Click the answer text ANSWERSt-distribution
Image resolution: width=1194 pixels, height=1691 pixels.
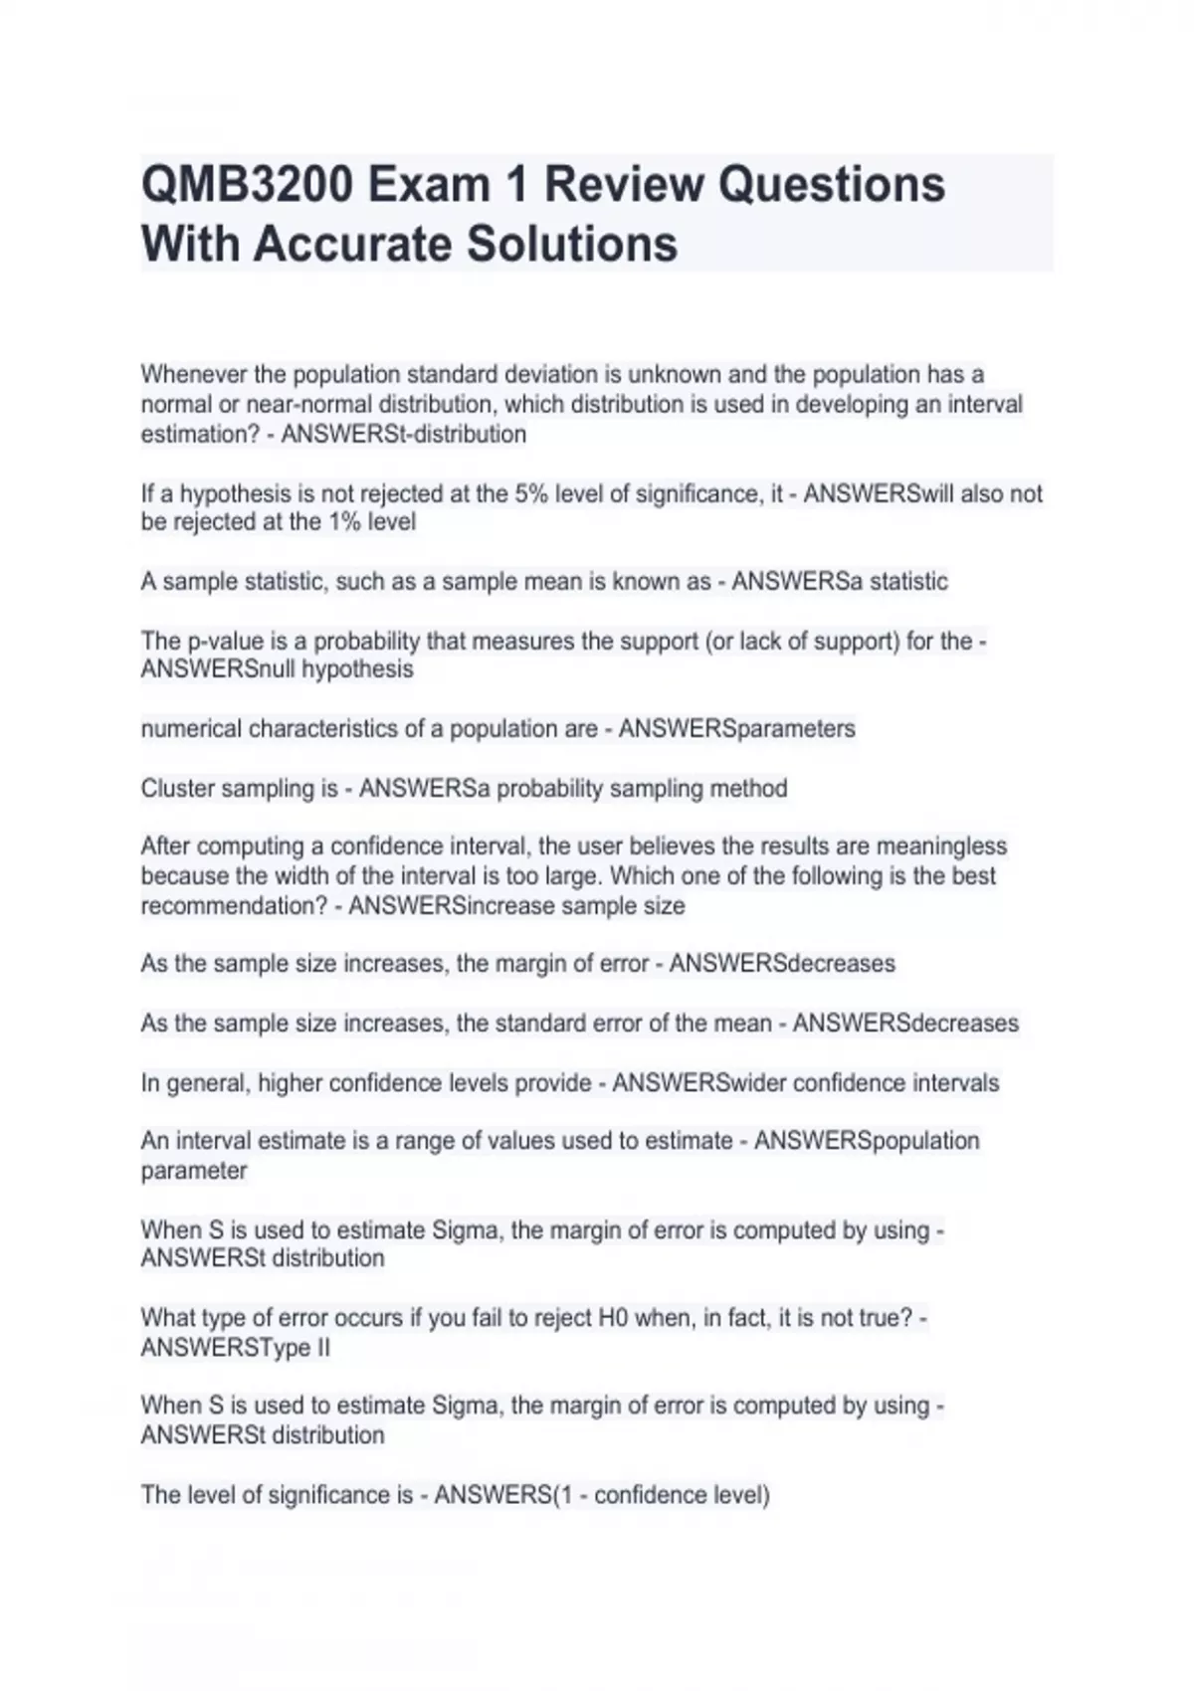404,435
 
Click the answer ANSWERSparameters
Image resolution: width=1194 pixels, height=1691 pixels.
736,729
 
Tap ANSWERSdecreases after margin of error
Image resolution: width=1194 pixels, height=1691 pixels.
782,964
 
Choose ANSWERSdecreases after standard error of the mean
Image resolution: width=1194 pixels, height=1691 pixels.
905,1024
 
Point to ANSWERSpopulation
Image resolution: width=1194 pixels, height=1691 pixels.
867,1141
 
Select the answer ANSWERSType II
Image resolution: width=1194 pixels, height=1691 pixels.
236,1348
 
